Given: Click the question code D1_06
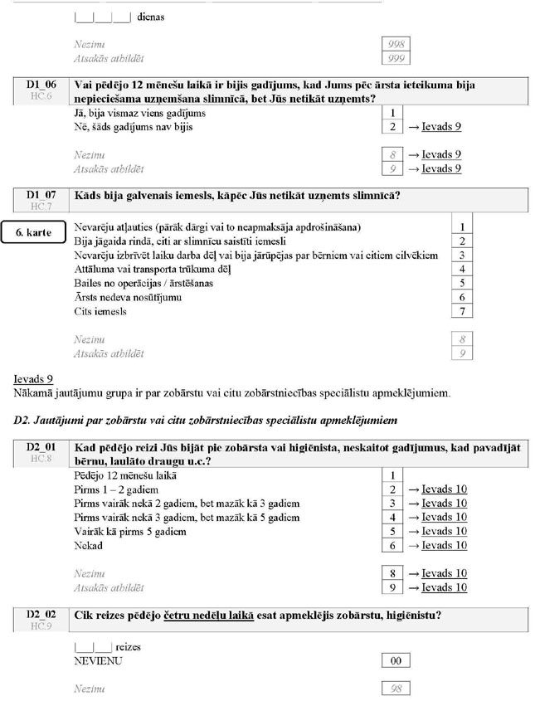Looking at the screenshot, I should [x=41, y=85].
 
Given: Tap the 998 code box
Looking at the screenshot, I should [x=396, y=44].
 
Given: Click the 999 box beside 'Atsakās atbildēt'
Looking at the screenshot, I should [x=396, y=58].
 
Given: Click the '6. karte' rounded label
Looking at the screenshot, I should [x=35, y=233].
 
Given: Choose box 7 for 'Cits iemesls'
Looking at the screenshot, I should [x=461, y=311].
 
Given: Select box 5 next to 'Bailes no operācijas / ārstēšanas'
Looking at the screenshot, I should [x=461, y=283].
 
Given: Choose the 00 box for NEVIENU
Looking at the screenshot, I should [x=396, y=660].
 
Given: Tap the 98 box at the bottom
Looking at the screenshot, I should [x=396, y=689].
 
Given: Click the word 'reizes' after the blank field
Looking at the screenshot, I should [x=129, y=645].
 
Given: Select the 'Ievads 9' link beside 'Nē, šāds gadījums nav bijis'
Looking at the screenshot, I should [x=441, y=127].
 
